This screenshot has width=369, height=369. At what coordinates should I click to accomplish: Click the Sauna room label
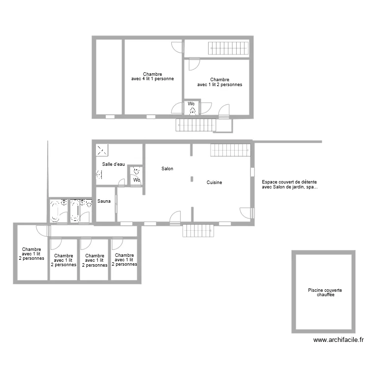pyautogui.click(x=104, y=201)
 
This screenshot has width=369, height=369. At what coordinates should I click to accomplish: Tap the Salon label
pyautogui.click(x=167, y=169)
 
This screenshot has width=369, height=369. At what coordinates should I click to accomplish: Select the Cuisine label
pyautogui.click(x=214, y=183)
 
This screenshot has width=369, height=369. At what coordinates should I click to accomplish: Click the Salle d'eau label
pyautogui.click(x=114, y=164)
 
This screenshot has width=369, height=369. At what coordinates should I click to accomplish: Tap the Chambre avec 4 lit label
pyautogui.click(x=152, y=76)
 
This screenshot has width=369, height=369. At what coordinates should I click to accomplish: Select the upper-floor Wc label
pyautogui.click(x=191, y=104)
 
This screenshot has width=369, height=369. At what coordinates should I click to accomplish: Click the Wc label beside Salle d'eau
pyautogui.click(x=137, y=180)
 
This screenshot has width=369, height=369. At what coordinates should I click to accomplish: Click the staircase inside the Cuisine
pyautogui.click(x=230, y=150)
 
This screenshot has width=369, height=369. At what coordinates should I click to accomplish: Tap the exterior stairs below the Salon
pyautogui.click(x=199, y=230)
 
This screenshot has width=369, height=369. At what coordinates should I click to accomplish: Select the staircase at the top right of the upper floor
pyautogui.click(x=227, y=48)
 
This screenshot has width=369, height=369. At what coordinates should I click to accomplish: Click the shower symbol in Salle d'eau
pyautogui.click(x=102, y=150)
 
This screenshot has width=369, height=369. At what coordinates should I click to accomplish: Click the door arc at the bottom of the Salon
pyautogui.click(x=175, y=217)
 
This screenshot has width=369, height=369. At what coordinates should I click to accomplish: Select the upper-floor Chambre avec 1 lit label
pyautogui.click(x=219, y=82)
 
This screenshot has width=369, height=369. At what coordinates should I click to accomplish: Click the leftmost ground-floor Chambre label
pyautogui.click(x=31, y=254)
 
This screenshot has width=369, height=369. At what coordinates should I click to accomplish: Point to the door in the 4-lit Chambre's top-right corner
pyautogui.click(x=177, y=48)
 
